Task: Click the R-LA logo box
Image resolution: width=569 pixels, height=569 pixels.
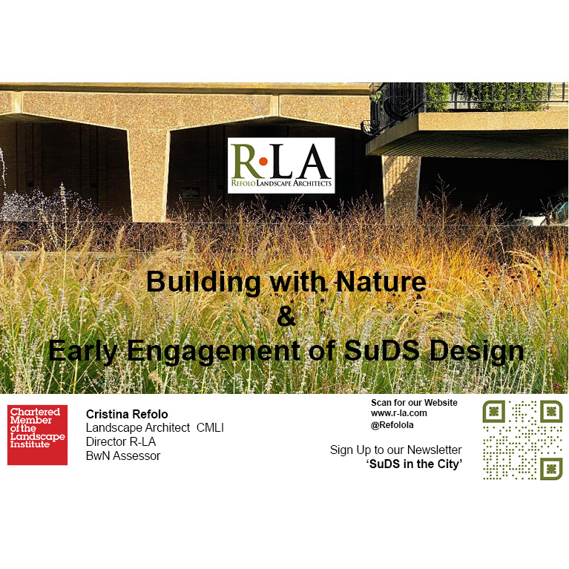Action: (281, 165)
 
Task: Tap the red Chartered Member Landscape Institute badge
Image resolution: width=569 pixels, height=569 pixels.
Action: (37, 435)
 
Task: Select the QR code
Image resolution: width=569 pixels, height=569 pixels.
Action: (522, 440)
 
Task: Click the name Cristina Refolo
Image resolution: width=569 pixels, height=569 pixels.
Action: (127, 414)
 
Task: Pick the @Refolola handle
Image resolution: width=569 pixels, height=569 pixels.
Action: (392, 425)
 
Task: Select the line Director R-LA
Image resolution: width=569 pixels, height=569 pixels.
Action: (121, 442)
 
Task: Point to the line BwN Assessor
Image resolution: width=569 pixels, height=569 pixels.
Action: (123, 455)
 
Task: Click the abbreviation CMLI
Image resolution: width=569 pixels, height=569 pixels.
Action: (210, 428)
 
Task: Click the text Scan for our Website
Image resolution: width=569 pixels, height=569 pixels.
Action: (414, 403)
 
